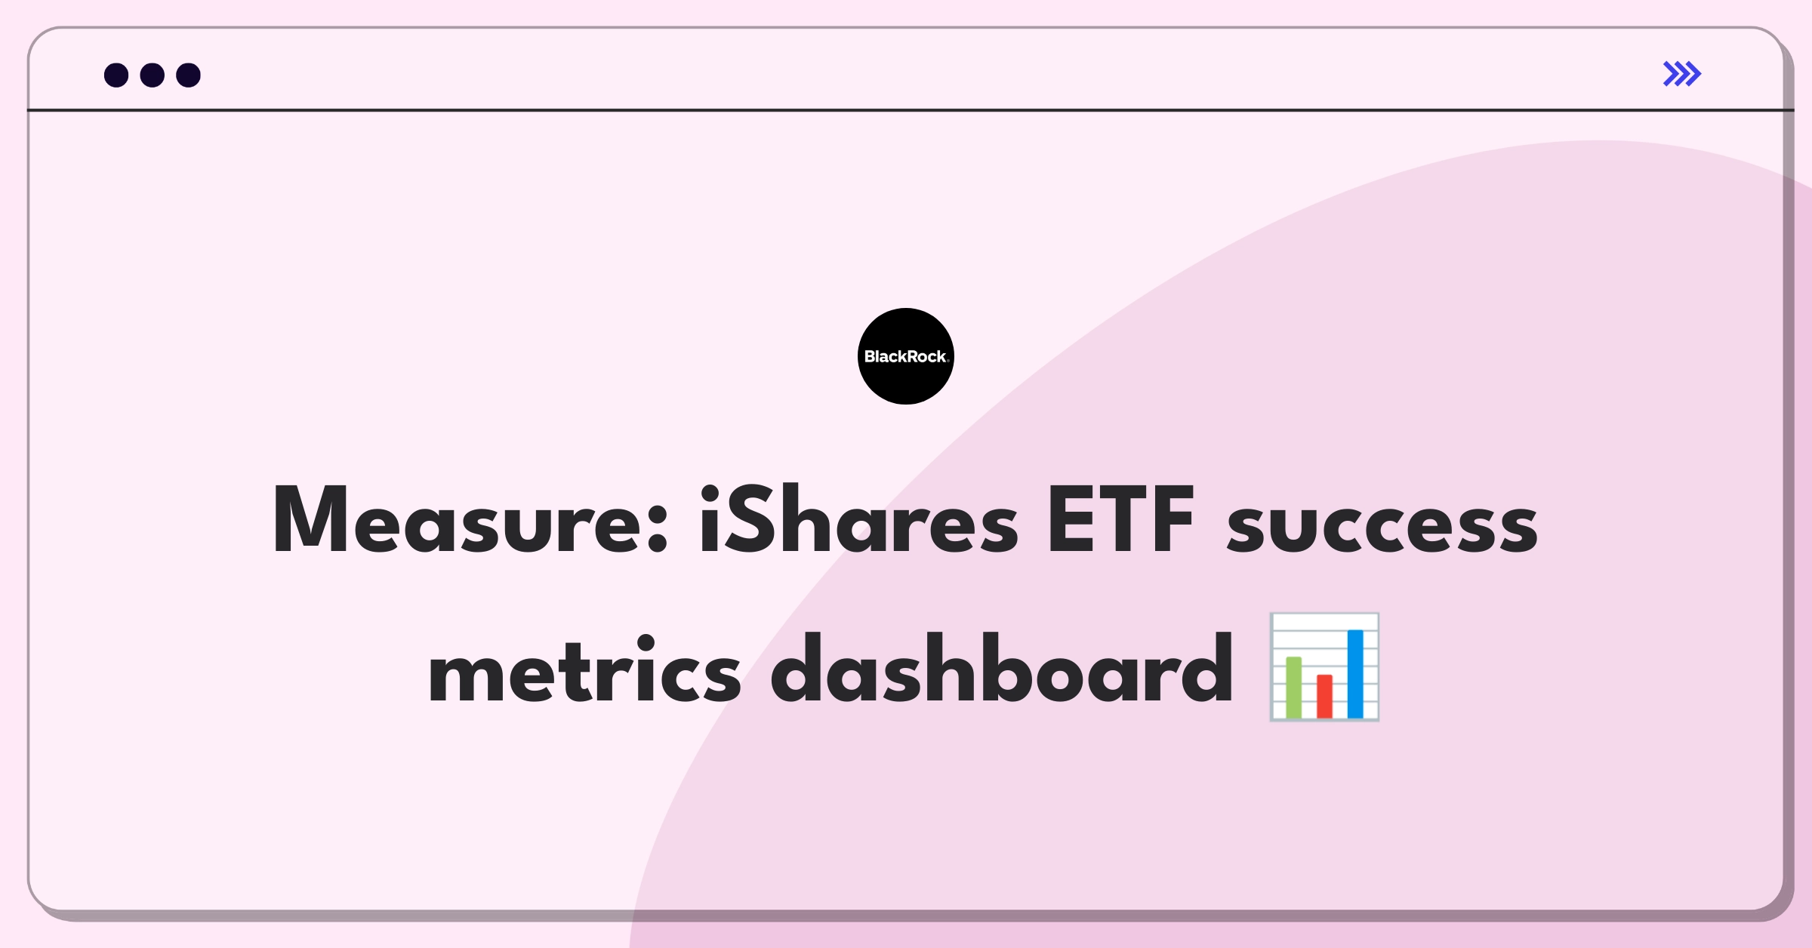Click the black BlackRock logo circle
[x=906, y=356]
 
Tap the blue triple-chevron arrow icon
[x=1682, y=74]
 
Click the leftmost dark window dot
[x=116, y=75]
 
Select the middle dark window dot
[x=153, y=75]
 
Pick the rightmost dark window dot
[x=189, y=75]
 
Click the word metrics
[x=585, y=669]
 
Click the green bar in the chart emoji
[x=1294, y=687]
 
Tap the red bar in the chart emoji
[x=1325, y=696]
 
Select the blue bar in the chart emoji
[x=1355, y=673]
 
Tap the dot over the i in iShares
[x=710, y=494]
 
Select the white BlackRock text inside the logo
[x=906, y=356]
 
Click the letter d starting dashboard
[x=803, y=667]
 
